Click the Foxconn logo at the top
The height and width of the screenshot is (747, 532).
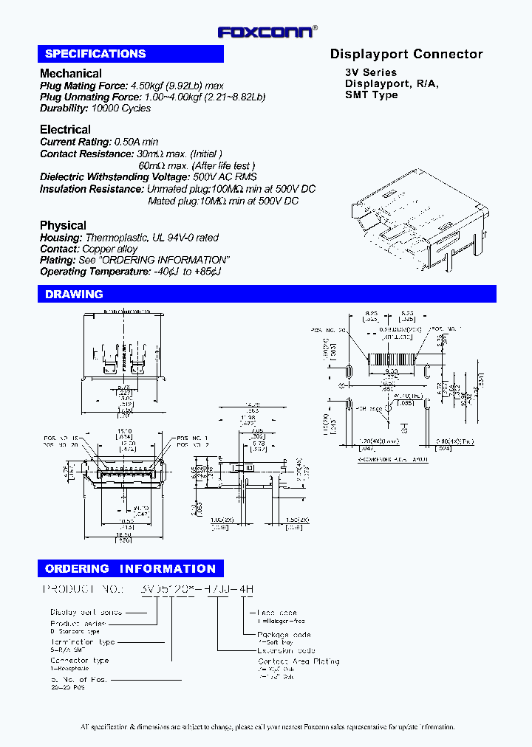click(267, 32)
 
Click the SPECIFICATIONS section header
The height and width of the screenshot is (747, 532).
click(95, 54)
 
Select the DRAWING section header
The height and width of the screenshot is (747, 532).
click(74, 295)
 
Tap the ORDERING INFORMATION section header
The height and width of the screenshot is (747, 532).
click(130, 569)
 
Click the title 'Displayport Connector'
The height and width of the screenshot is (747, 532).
click(406, 54)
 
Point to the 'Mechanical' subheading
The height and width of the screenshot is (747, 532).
click(71, 73)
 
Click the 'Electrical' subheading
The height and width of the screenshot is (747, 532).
click(65, 129)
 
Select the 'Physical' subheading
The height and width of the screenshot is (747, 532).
click(63, 225)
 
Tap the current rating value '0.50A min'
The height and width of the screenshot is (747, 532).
click(136, 141)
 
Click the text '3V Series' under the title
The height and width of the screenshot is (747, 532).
click(371, 72)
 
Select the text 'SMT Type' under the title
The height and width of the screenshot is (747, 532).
click(372, 94)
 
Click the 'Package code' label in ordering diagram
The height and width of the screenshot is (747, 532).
click(284, 635)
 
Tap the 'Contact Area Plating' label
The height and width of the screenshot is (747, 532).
click(299, 661)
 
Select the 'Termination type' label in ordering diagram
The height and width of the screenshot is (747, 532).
click(81, 642)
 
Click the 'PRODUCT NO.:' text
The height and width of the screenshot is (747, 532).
click(82, 590)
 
